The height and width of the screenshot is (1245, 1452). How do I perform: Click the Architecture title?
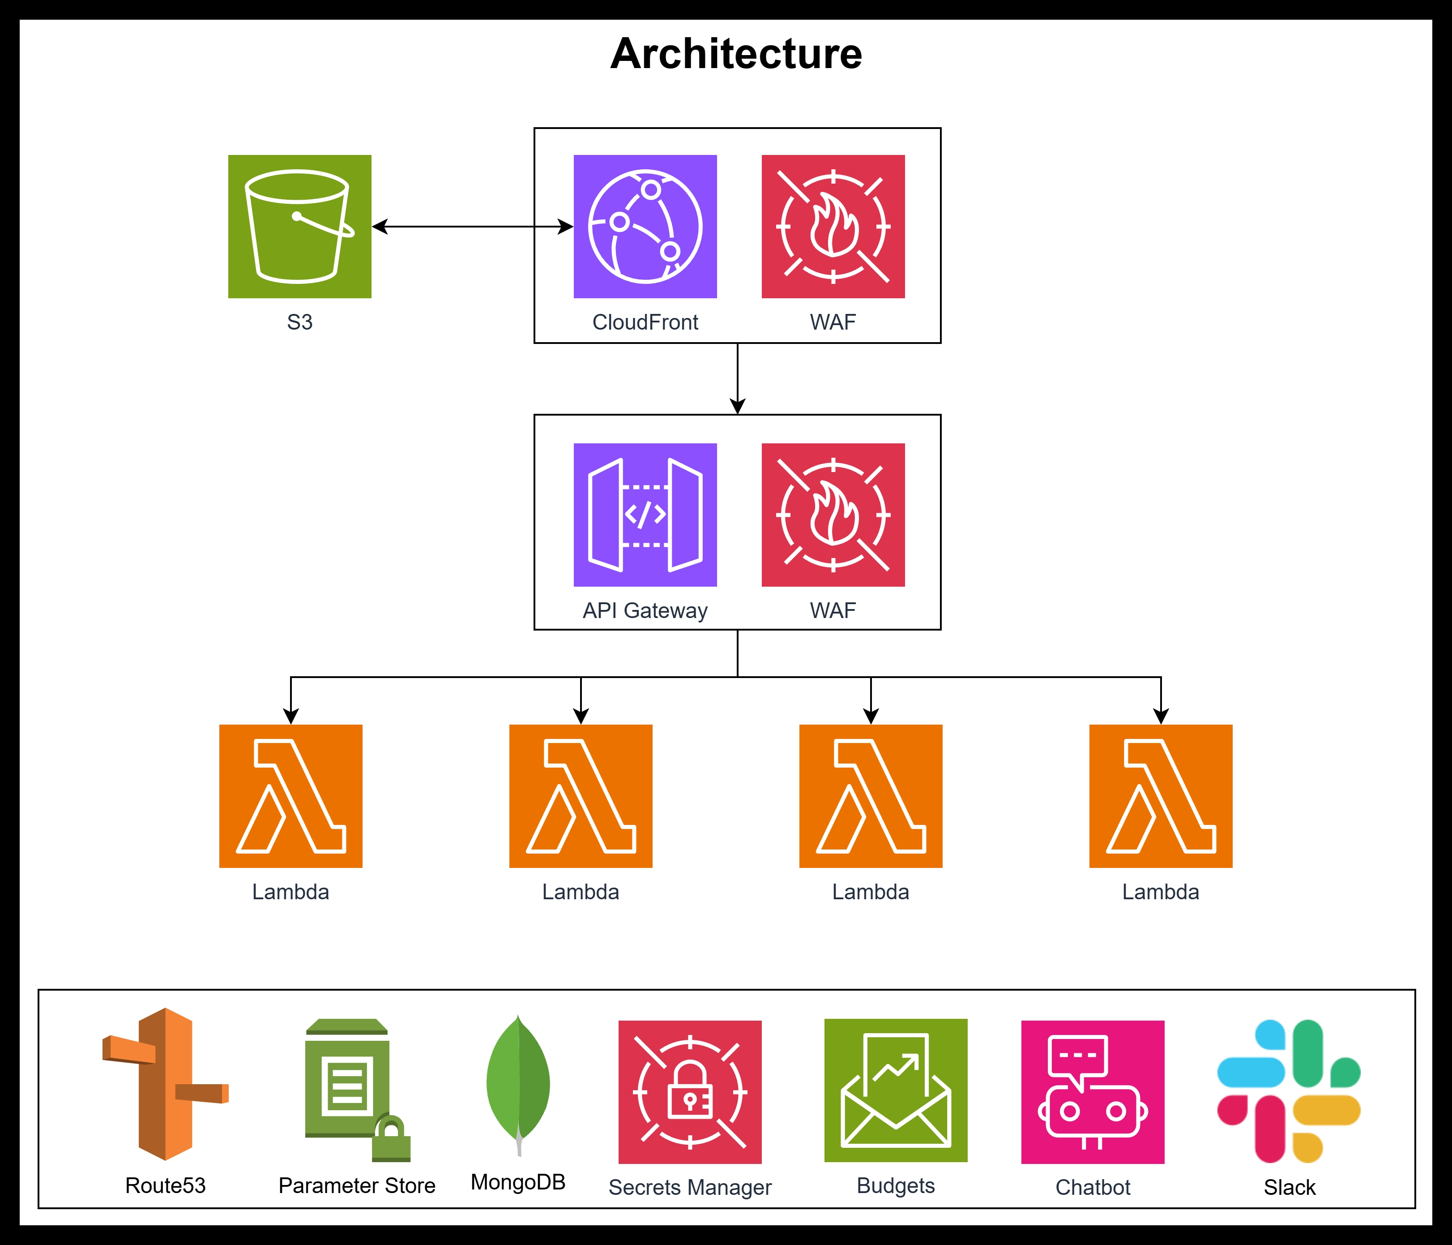point(736,54)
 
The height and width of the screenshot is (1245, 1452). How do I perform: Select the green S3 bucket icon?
point(299,227)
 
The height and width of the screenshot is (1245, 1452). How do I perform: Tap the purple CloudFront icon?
point(645,227)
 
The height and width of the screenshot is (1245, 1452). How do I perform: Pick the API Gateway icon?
point(645,515)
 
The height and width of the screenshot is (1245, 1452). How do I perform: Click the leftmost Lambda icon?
point(291,796)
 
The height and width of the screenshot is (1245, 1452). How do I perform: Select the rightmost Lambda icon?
point(1161,796)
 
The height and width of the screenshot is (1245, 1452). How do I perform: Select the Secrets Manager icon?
point(690,1091)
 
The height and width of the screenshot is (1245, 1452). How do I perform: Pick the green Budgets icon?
point(896,1090)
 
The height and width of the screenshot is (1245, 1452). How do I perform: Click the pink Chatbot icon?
point(1093,1091)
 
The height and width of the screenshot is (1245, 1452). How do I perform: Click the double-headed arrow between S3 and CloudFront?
point(472,227)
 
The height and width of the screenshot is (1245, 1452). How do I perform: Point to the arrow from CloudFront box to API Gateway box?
point(737,378)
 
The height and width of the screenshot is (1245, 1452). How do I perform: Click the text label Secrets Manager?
point(690,1187)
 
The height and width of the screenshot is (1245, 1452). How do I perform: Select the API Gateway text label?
point(645,610)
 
